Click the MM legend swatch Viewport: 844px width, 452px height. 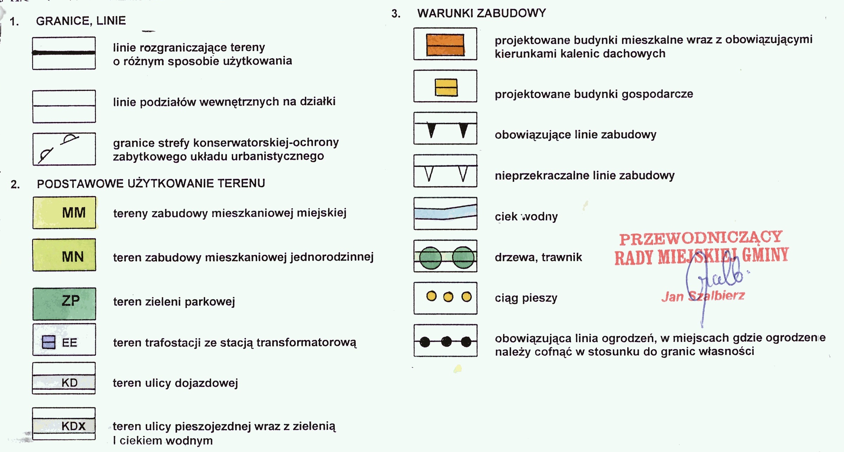pyautogui.click(x=64, y=212)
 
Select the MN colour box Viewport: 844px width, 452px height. pyautogui.click(x=64, y=255)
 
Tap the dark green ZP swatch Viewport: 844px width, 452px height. pyautogui.click(x=64, y=303)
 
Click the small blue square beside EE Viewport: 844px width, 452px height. pyautogui.click(x=48, y=342)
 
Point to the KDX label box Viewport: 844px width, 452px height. pyautogui.click(x=64, y=426)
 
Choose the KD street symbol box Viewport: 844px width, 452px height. pyautogui.click(x=64, y=382)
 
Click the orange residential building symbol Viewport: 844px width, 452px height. pyautogui.click(x=445, y=45)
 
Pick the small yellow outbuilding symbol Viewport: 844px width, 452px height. pyautogui.click(x=446, y=87)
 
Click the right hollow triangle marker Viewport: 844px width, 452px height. pyautogui.click(x=463, y=173)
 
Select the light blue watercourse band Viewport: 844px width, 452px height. pyautogui.click(x=445, y=213)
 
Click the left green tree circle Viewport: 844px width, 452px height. pyautogui.click(x=430, y=258)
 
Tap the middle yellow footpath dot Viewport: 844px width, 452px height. pyautogui.click(x=448, y=297)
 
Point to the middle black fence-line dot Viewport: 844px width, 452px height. pyautogui.click(x=446, y=341)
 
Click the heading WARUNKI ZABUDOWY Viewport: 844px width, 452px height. pyautogui.click(x=481, y=13)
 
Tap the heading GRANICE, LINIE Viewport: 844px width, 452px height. pyautogui.click(x=81, y=21)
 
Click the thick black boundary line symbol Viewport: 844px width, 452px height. pyautogui.click(x=64, y=53)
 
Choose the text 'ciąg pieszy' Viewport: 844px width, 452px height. pyautogui.click(x=526, y=298)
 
